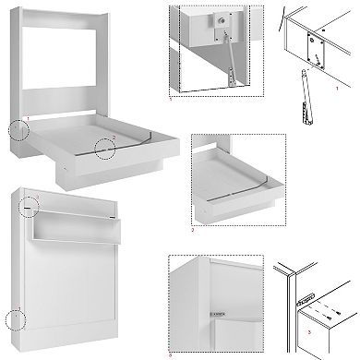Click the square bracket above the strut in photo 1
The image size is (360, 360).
pyautogui.click(x=222, y=19)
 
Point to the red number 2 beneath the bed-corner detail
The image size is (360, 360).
pyautogui.click(x=195, y=231)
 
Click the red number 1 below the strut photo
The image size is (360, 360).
pyautogui.click(x=172, y=125)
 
